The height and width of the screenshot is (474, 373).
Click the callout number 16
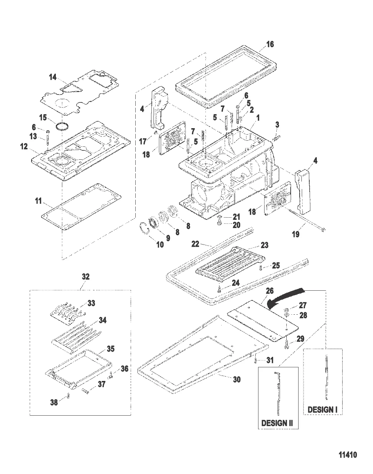coord(270,44)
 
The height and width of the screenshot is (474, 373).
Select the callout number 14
coord(53,77)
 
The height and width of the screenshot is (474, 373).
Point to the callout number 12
coord(24,146)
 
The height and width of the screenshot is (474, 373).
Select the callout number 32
coord(86,276)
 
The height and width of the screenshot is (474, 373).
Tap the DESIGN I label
coord(323,409)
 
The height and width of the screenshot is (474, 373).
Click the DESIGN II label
coord(277,423)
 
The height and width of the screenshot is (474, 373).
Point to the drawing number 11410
coord(348,455)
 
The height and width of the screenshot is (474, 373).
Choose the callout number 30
coord(237,379)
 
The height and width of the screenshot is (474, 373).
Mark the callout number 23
coord(264,245)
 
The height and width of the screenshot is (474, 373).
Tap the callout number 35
coord(111,348)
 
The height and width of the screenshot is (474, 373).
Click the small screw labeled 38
coord(68,395)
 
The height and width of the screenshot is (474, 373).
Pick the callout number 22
coord(195,244)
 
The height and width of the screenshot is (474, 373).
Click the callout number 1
coord(257,117)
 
